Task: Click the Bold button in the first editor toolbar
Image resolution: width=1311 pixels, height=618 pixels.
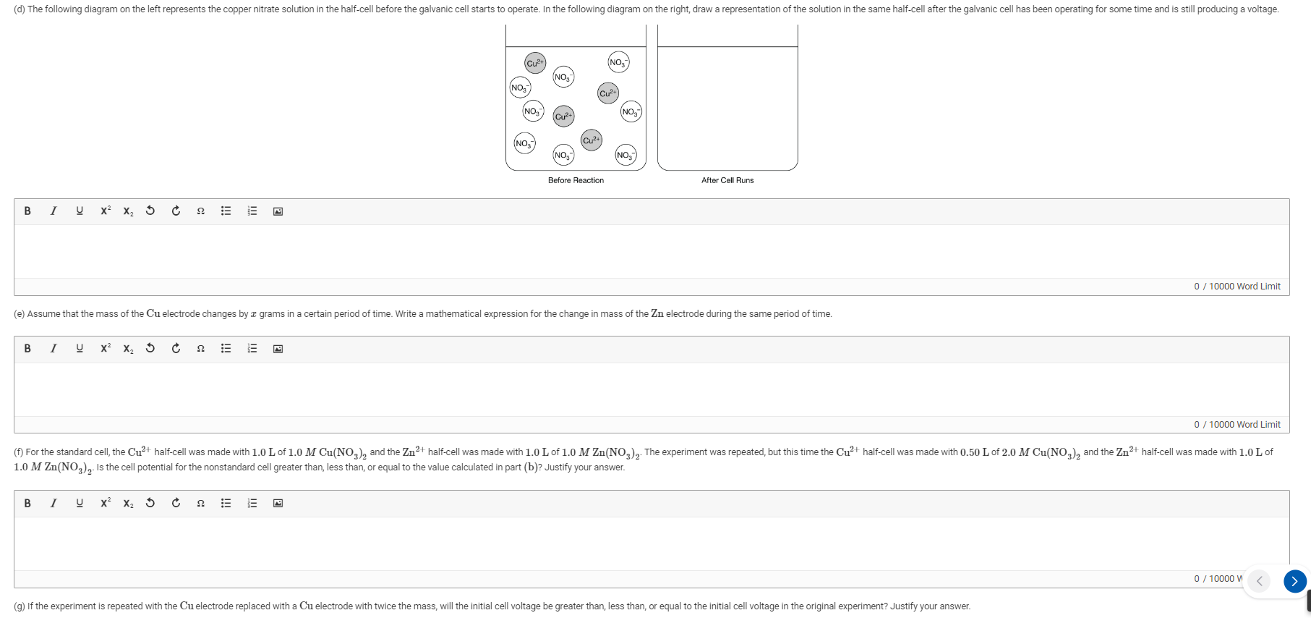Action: [27, 211]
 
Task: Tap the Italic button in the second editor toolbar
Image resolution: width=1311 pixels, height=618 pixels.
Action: [54, 349]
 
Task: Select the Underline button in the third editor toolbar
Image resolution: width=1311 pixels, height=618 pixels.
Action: [80, 503]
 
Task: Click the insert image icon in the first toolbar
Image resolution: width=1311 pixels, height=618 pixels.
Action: [278, 211]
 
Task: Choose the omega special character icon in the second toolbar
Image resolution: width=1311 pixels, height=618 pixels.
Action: [201, 349]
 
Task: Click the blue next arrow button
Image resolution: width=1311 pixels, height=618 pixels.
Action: [1294, 580]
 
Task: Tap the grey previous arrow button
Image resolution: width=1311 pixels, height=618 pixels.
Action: [1259, 580]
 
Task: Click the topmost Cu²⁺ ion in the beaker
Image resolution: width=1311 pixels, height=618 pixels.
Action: [535, 63]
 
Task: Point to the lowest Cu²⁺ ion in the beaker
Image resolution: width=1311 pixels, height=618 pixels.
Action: [591, 140]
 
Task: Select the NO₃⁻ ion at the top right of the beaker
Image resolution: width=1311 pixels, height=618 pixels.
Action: [618, 62]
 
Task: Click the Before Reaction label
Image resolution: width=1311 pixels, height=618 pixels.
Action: [576, 180]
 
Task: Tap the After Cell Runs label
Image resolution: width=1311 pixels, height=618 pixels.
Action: [727, 180]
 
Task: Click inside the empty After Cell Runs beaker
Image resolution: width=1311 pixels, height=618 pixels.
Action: [727, 109]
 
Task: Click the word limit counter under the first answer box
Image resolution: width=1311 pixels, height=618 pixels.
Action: [1237, 287]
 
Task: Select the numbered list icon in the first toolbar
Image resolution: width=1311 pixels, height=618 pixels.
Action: [252, 211]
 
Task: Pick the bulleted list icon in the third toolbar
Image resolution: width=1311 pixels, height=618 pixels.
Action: [226, 503]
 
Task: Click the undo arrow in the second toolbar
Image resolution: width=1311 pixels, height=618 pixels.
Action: [150, 349]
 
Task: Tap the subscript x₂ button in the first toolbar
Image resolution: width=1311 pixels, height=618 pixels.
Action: [128, 211]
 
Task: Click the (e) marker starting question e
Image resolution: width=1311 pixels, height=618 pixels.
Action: [19, 314]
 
